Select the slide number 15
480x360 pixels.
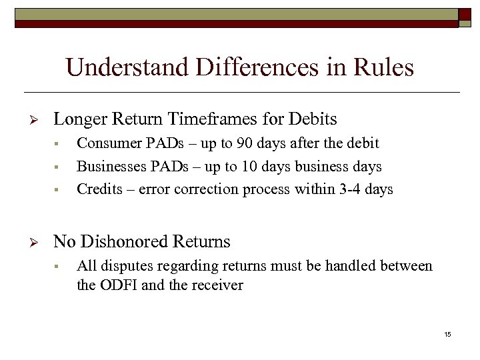[x=447, y=334]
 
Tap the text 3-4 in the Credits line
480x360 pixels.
[x=347, y=189]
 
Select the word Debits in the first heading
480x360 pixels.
[x=313, y=119]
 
